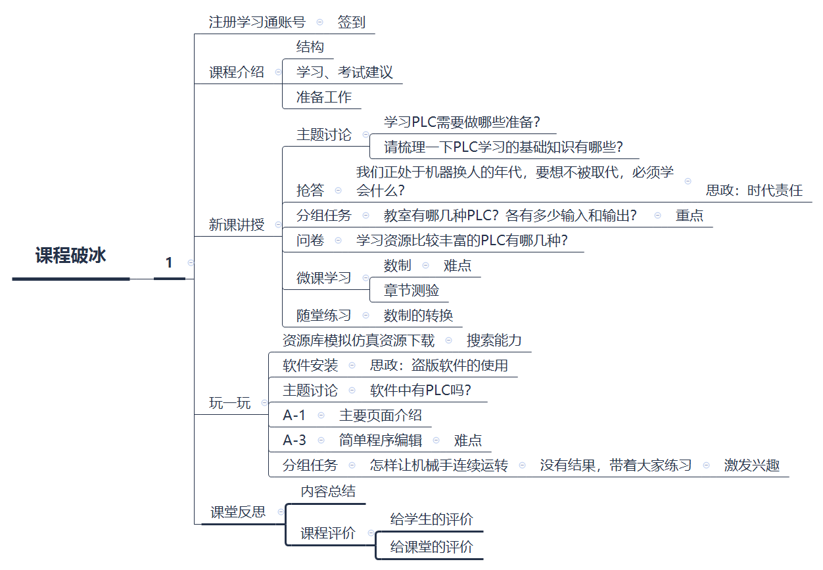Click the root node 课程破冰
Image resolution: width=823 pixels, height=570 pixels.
(70, 256)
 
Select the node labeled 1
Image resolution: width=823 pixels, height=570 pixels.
(169, 263)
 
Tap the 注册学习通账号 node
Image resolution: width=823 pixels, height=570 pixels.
(257, 22)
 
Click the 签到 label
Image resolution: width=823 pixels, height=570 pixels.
(351, 22)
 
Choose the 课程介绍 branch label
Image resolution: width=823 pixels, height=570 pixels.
(237, 72)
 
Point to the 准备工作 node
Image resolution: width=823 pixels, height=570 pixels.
(323, 97)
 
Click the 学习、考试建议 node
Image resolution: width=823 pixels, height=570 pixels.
(344, 72)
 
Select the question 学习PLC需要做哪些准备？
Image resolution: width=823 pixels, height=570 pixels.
(461, 122)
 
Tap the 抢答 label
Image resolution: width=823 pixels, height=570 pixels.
(310, 191)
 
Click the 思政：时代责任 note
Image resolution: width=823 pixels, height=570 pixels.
(754, 191)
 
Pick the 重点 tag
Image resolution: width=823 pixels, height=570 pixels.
(689, 216)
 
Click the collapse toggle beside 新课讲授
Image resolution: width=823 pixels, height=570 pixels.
(278, 225)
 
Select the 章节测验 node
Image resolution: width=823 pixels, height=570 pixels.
(411, 290)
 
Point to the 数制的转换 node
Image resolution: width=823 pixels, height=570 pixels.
(418, 316)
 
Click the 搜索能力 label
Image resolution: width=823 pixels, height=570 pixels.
(494, 341)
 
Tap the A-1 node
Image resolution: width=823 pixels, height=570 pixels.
(294, 416)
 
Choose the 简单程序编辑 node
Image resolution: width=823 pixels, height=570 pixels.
(380, 440)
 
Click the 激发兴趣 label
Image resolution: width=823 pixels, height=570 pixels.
(751, 465)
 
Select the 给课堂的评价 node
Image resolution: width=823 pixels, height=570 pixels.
(431, 546)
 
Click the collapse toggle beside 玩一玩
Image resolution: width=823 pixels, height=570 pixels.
(265, 403)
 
